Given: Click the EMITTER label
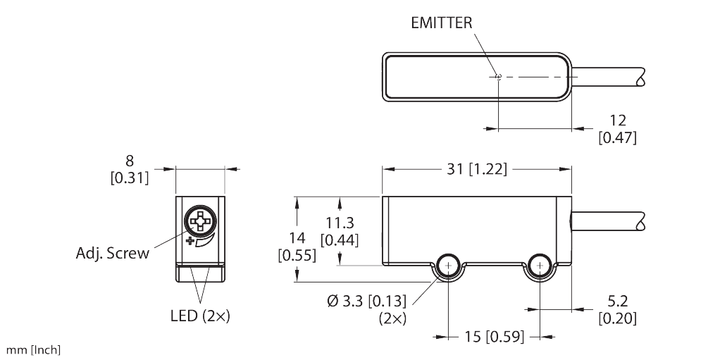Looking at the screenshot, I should click(441, 22).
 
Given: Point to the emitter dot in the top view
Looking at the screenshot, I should click(497, 77).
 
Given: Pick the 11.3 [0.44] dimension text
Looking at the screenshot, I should click(340, 231).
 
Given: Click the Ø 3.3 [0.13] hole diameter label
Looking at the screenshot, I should click(366, 308).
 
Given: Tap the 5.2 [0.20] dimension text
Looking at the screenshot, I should click(617, 310).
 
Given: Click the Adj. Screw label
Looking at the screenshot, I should click(113, 253).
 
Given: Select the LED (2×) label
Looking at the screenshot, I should click(199, 316).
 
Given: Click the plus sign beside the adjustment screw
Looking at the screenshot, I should click(190, 242).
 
